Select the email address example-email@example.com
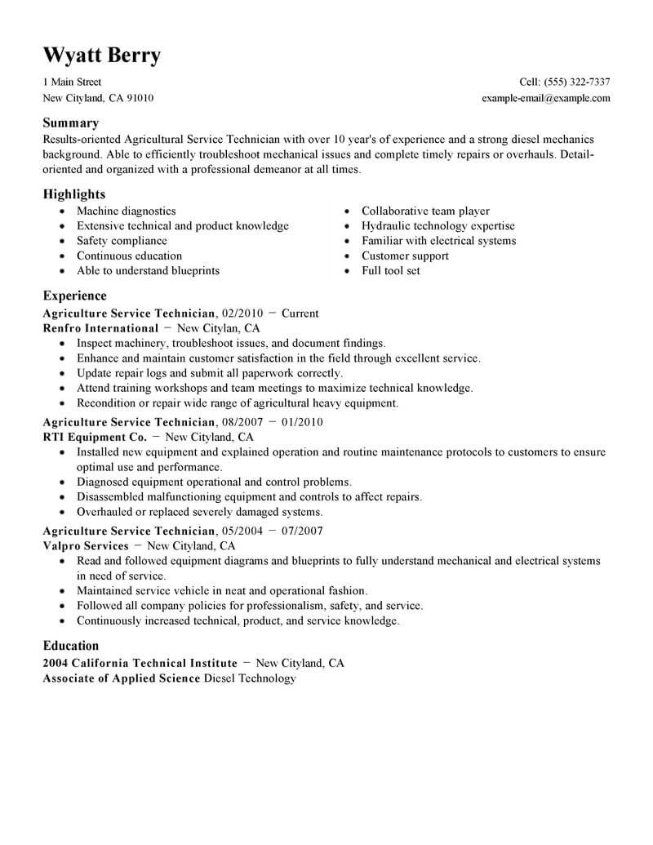[546, 98]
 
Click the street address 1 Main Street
[72, 82]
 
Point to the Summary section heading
[70, 122]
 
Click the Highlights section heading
[73, 194]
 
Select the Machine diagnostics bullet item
[126, 211]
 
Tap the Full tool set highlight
[391, 270]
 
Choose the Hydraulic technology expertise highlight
[438, 226]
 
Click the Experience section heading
[74, 296]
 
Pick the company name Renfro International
[100, 328]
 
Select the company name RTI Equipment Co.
[95, 437]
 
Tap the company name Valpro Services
[86, 545]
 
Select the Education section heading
[71, 645]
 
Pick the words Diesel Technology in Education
[249, 678]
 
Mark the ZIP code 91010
[138, 98]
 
